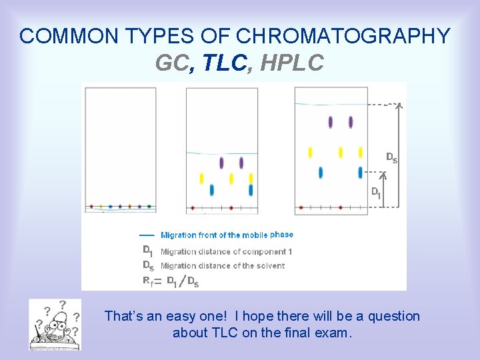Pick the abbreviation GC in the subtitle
(172, 63)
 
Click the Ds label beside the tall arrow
(392, 158)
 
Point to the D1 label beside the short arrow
(376, 193)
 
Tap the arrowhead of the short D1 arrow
(383, 176)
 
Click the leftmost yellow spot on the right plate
(310, 153)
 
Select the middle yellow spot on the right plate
(341, 153)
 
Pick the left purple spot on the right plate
(331, 122)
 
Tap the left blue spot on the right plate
(321, 173)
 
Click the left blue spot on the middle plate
(212, 190)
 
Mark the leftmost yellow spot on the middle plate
(202, 178)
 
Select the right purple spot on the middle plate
(241, 163)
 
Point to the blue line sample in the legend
(147, 235)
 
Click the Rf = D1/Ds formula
(171, 281)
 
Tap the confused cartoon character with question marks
(55, 324)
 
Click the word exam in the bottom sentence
(333, 332)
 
